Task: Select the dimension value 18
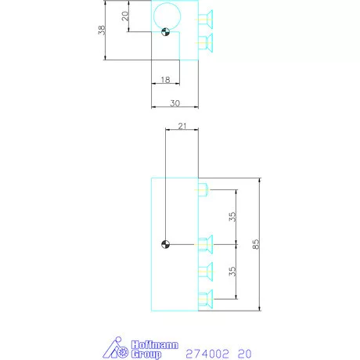coord(164,80)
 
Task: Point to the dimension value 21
coord(182,127)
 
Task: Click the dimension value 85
coord(255,244)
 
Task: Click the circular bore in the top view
coord(167,16)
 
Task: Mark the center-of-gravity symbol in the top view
coord(164,32)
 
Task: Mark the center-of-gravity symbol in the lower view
coord(164,243)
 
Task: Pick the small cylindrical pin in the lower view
coord(202,189)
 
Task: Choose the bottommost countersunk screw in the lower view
coord(205,297)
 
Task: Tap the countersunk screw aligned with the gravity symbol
coord(205,243)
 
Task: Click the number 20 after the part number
coord(244,354)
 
